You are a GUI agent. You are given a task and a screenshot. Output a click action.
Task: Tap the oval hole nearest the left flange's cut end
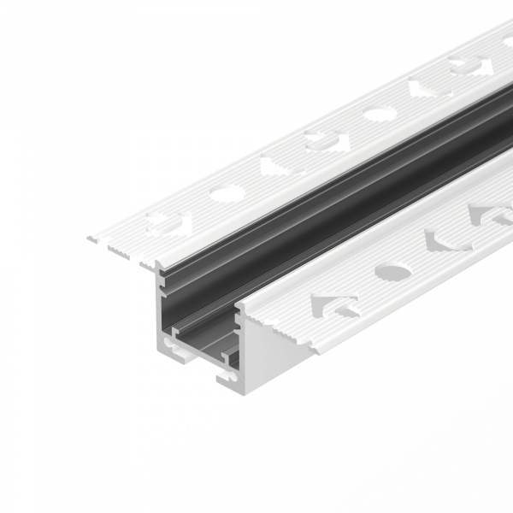click(x=226, y=194)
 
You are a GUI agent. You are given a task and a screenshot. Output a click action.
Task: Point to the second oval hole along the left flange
click(x=376, y=112)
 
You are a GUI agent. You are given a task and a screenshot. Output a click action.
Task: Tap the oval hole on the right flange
click(x=392, y=273)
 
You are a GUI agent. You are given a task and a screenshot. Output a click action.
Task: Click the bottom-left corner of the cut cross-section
click(x=160, y=351)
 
